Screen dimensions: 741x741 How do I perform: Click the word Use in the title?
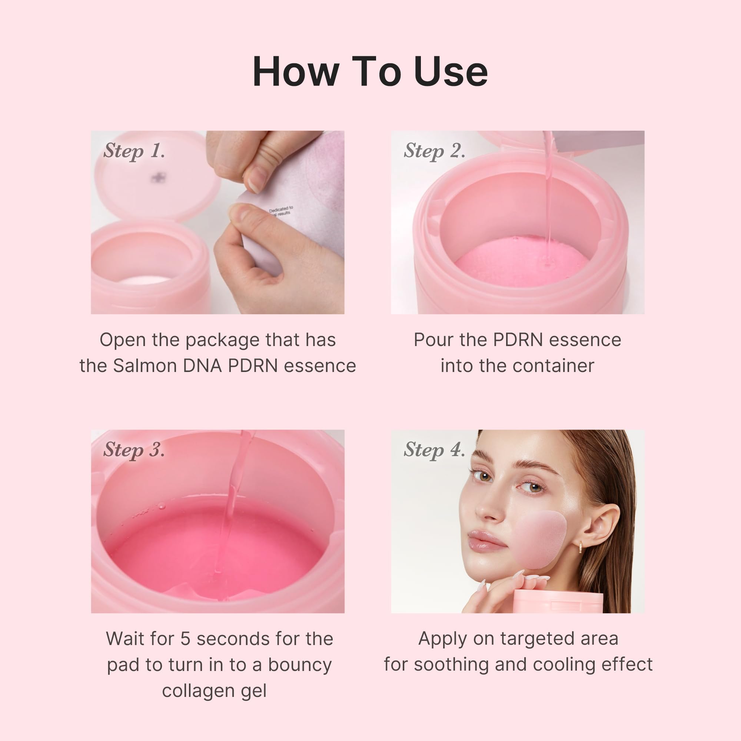[451, 72]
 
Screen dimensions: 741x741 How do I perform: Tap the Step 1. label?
[134, 151]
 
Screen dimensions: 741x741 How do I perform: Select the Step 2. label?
[434, 151]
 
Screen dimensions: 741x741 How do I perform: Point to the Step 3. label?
[134, 449]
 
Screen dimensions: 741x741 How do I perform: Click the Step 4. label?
[434, 449]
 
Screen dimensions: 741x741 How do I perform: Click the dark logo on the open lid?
[156, 177]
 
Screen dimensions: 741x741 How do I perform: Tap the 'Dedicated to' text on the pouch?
[281, 209]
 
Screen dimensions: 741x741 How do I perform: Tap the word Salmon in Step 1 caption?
[144, 366]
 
